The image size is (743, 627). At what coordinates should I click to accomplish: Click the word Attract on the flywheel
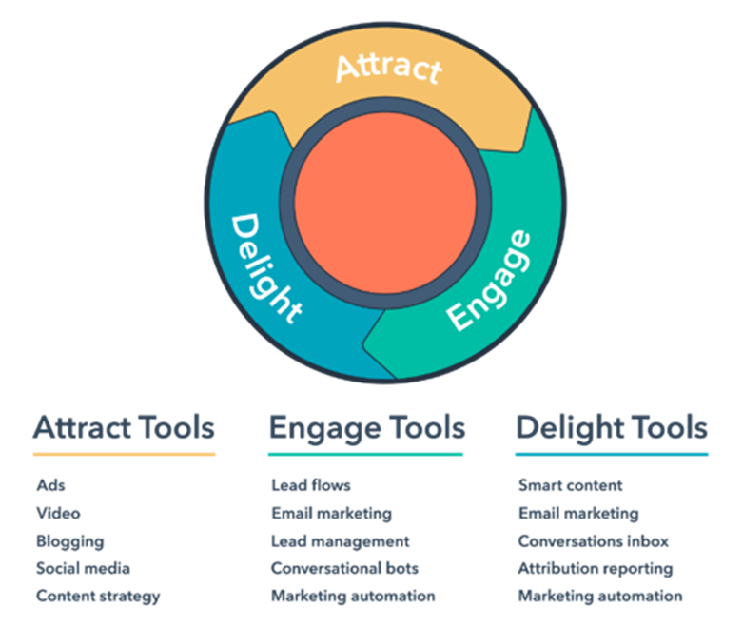389,69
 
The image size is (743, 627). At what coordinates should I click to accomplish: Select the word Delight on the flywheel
265,267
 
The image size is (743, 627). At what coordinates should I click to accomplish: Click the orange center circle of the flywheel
385,203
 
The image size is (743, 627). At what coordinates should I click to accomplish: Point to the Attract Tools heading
124,427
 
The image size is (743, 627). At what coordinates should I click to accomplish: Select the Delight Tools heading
612,428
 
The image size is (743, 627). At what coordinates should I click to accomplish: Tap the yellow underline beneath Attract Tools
124,454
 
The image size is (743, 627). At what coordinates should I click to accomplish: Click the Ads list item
51,485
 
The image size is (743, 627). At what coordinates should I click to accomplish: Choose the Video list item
58,513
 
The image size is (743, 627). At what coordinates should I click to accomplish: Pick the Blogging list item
70,541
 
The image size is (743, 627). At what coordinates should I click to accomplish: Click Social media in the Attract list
84,568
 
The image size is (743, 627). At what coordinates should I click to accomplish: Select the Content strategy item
99,597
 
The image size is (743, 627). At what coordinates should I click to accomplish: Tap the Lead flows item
311,485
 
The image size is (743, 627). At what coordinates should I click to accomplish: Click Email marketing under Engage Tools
332,514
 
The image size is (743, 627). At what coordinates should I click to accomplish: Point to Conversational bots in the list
345,568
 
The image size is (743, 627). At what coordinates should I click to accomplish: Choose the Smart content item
571,485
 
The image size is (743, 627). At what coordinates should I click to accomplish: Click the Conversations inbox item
594,540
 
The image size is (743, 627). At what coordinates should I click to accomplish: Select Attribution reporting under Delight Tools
596,569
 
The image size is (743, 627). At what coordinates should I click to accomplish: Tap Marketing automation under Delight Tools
600,597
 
